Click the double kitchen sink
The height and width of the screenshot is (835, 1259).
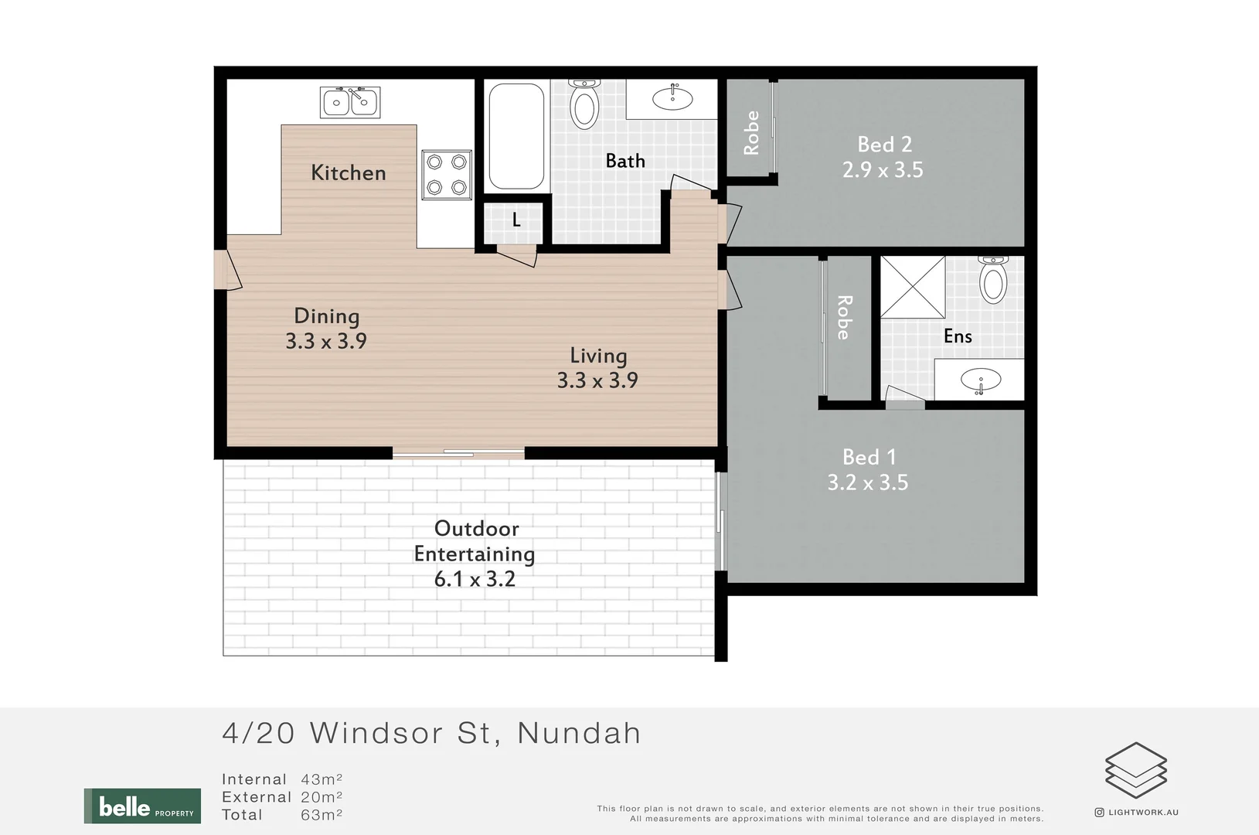(350, 102)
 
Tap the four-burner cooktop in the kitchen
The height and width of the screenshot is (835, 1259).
(447, 175)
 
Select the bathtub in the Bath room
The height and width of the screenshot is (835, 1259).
(516, 136)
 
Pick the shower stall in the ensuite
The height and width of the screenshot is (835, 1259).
(913, 287)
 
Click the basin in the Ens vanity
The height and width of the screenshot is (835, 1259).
(981, 380)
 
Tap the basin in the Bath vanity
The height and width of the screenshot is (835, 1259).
(672, 98)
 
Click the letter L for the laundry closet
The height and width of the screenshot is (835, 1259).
(516, 220)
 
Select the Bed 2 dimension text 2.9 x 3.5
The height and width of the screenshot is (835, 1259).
(883, 170)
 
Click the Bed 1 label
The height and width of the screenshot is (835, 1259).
(869, 458)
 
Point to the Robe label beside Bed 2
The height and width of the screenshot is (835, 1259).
(751, 133)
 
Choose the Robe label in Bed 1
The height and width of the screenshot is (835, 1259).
(844, 317)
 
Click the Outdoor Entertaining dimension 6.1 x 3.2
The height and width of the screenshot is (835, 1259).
(475, 579)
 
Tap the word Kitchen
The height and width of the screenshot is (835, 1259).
(348, 173)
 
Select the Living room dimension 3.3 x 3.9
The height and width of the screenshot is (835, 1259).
(597, 380)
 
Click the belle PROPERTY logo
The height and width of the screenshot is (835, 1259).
(142, 806)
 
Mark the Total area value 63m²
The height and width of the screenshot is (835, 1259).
(322, 815)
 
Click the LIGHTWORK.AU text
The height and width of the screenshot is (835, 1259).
(1143, 813)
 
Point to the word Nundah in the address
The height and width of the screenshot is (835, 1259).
(579, 733)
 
